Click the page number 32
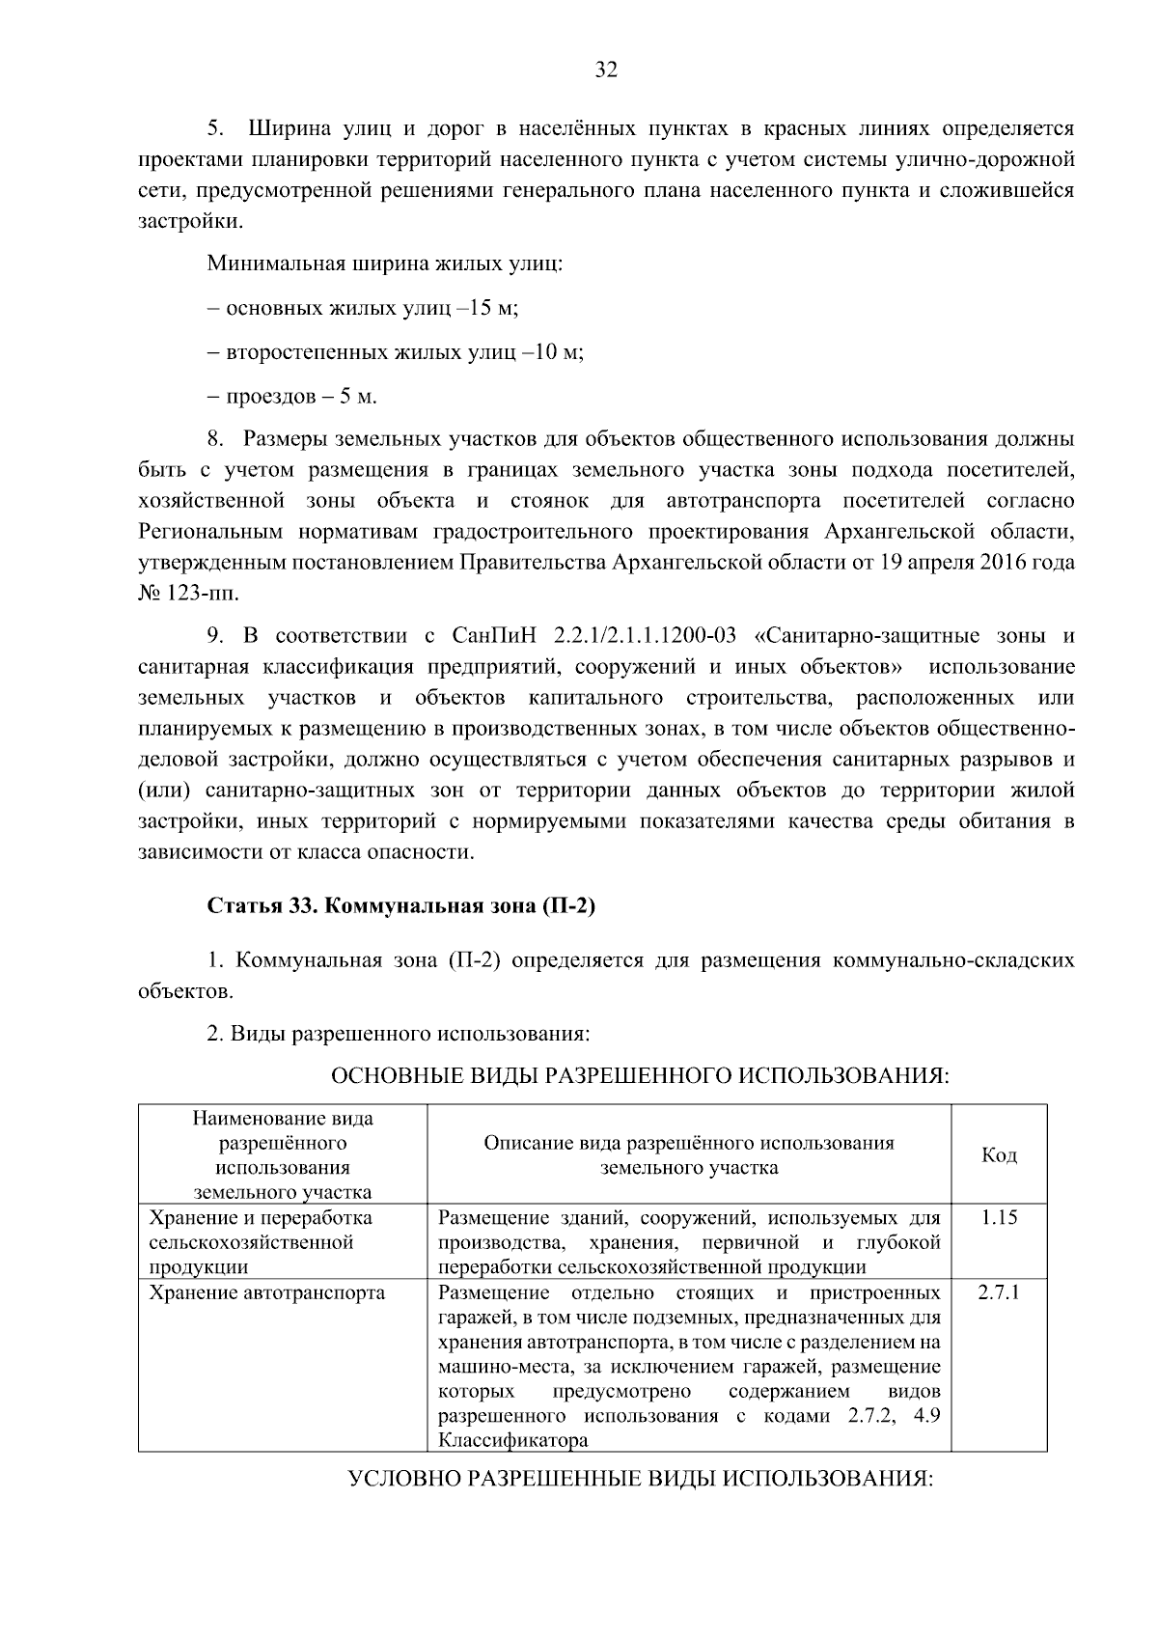[606, 69]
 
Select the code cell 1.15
[999, 1218]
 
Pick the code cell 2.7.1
[999, 1292]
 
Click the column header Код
[999, 1155]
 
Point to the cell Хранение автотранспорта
[267, 1292]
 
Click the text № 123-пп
[188, 592]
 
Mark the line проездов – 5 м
[292, 397]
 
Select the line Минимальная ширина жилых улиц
[384, 264]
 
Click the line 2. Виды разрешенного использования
[398, 1034]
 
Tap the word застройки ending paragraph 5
[189, 221]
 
